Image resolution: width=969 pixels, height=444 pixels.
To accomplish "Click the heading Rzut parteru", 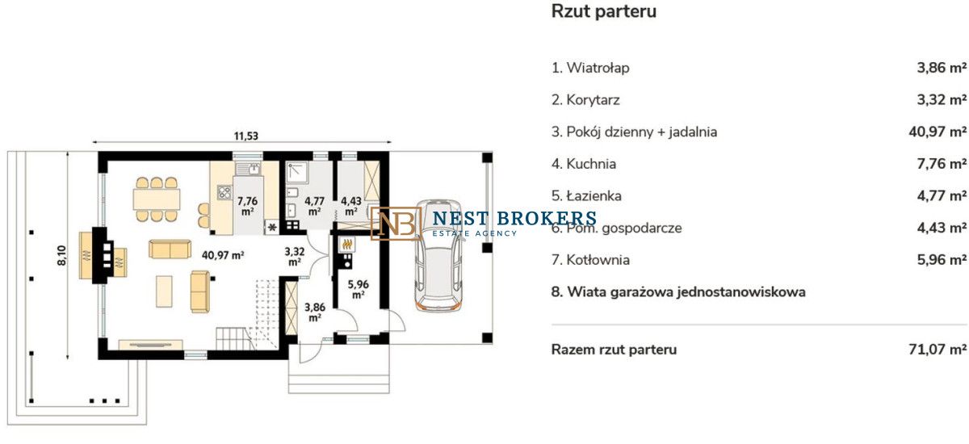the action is tap(603, 11).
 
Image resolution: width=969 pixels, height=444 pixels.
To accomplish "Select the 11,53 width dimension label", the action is tap(245, 136).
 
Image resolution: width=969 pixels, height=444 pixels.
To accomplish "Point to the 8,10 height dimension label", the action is tap(62, 255).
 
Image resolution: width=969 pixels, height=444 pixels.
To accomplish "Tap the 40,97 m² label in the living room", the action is tap(223, 255).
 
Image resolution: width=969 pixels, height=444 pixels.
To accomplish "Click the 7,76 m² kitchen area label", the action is tap(247, 206).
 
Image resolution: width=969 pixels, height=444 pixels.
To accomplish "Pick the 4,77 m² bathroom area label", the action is tap(314, 206).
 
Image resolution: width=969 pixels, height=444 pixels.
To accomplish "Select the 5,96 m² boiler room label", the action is tap(359, 289).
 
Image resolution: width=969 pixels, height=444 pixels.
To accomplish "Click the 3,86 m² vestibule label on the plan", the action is tap(315, 312).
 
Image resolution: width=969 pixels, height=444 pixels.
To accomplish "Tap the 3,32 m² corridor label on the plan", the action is tap(295, 257).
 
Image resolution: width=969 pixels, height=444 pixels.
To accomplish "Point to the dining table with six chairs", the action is tap(157, 199).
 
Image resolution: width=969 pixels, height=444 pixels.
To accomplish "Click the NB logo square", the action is tap(396, 224).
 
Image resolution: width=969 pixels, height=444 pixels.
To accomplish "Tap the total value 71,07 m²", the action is tap(938, 350).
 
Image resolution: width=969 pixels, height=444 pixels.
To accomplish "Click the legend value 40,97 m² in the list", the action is tap(938, 132).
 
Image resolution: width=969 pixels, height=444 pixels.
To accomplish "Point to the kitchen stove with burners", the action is tap(224, 193).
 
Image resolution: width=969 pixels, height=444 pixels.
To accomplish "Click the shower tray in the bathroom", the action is tap(297, 172).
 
